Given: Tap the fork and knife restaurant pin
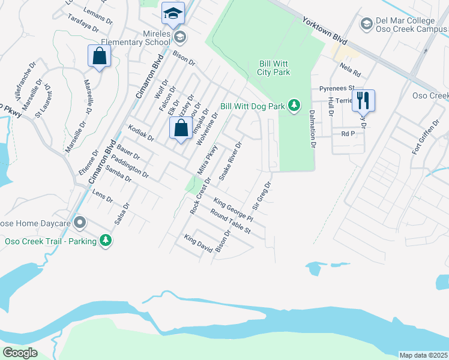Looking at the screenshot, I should coord(363,100).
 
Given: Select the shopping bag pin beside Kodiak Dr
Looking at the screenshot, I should coord(181,128).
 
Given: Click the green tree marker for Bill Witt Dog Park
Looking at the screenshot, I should coord(294,106).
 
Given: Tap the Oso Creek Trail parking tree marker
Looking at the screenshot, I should coord(106,241).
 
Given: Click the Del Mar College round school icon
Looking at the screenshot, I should coord(366,23).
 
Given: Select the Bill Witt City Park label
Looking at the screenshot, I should coord(275,67).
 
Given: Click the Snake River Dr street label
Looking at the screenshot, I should coord(231,161).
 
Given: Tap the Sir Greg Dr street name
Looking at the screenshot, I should coord(262,196).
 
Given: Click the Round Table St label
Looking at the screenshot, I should coord(231,223).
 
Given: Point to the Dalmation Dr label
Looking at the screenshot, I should coord(313,128).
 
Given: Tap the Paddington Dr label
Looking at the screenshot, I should coord(130,165).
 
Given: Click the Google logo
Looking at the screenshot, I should coord(20,353).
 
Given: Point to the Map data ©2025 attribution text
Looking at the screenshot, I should coord(423,355).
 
